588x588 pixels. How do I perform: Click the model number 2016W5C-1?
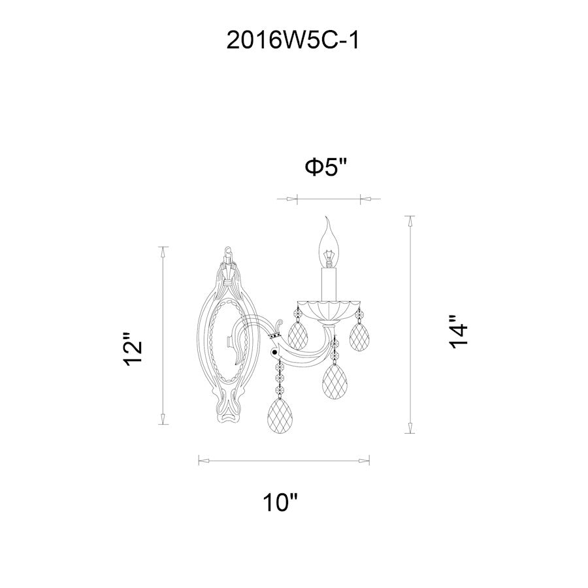(293, 41)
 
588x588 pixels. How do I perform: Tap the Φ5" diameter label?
(325, 168)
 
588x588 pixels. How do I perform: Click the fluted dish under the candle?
(329, 308)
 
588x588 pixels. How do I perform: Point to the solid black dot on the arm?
(275, 353)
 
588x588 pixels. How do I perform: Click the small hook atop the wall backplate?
(228, 250)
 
